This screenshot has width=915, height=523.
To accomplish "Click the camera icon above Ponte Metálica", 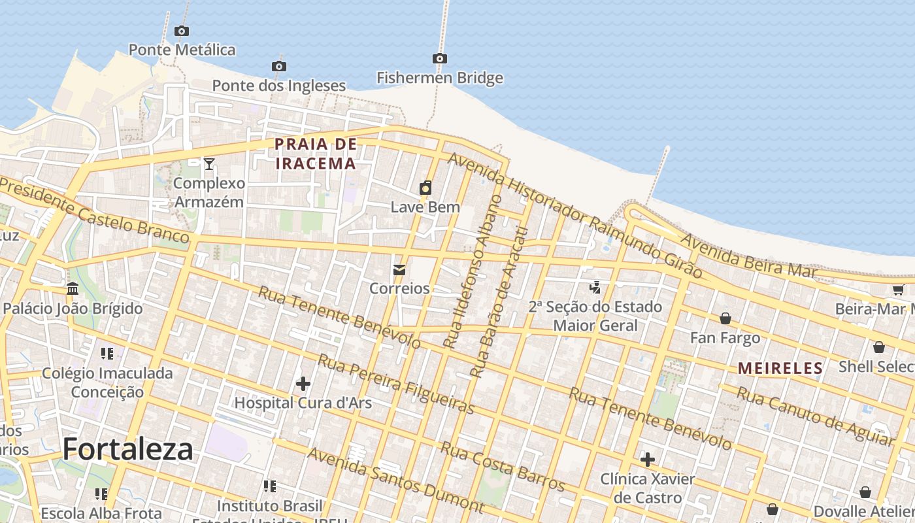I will coord(182,31).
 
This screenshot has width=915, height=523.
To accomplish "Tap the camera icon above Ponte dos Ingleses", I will coord(279,66).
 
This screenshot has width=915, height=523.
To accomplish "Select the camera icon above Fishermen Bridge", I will coord(440,59).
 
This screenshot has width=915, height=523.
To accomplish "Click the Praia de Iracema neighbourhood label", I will coord(316,154).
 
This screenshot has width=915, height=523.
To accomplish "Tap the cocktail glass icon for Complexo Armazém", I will coord(209,163).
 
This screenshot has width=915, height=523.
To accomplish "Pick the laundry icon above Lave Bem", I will coord(425,188).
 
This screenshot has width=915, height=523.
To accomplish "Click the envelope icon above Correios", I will coord(399,269).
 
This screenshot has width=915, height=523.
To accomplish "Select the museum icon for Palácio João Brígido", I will coord(73,288).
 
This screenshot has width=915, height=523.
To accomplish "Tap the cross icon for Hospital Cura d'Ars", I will coord(303,383).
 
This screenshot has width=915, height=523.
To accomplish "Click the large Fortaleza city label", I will coord(128,450).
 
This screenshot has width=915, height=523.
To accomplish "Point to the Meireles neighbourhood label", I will coord(780,369).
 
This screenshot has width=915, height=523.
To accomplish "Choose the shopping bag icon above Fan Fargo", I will coord(725,318).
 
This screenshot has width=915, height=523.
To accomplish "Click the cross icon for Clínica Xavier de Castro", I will coord(648,460).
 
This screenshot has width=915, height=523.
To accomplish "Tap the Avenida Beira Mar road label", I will coord(749,255).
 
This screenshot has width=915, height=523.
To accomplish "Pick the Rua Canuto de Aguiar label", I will coord(815,416).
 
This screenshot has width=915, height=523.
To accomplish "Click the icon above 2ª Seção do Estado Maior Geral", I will coord(595,287).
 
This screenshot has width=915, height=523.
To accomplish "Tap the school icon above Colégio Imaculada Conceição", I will coord(107,354).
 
